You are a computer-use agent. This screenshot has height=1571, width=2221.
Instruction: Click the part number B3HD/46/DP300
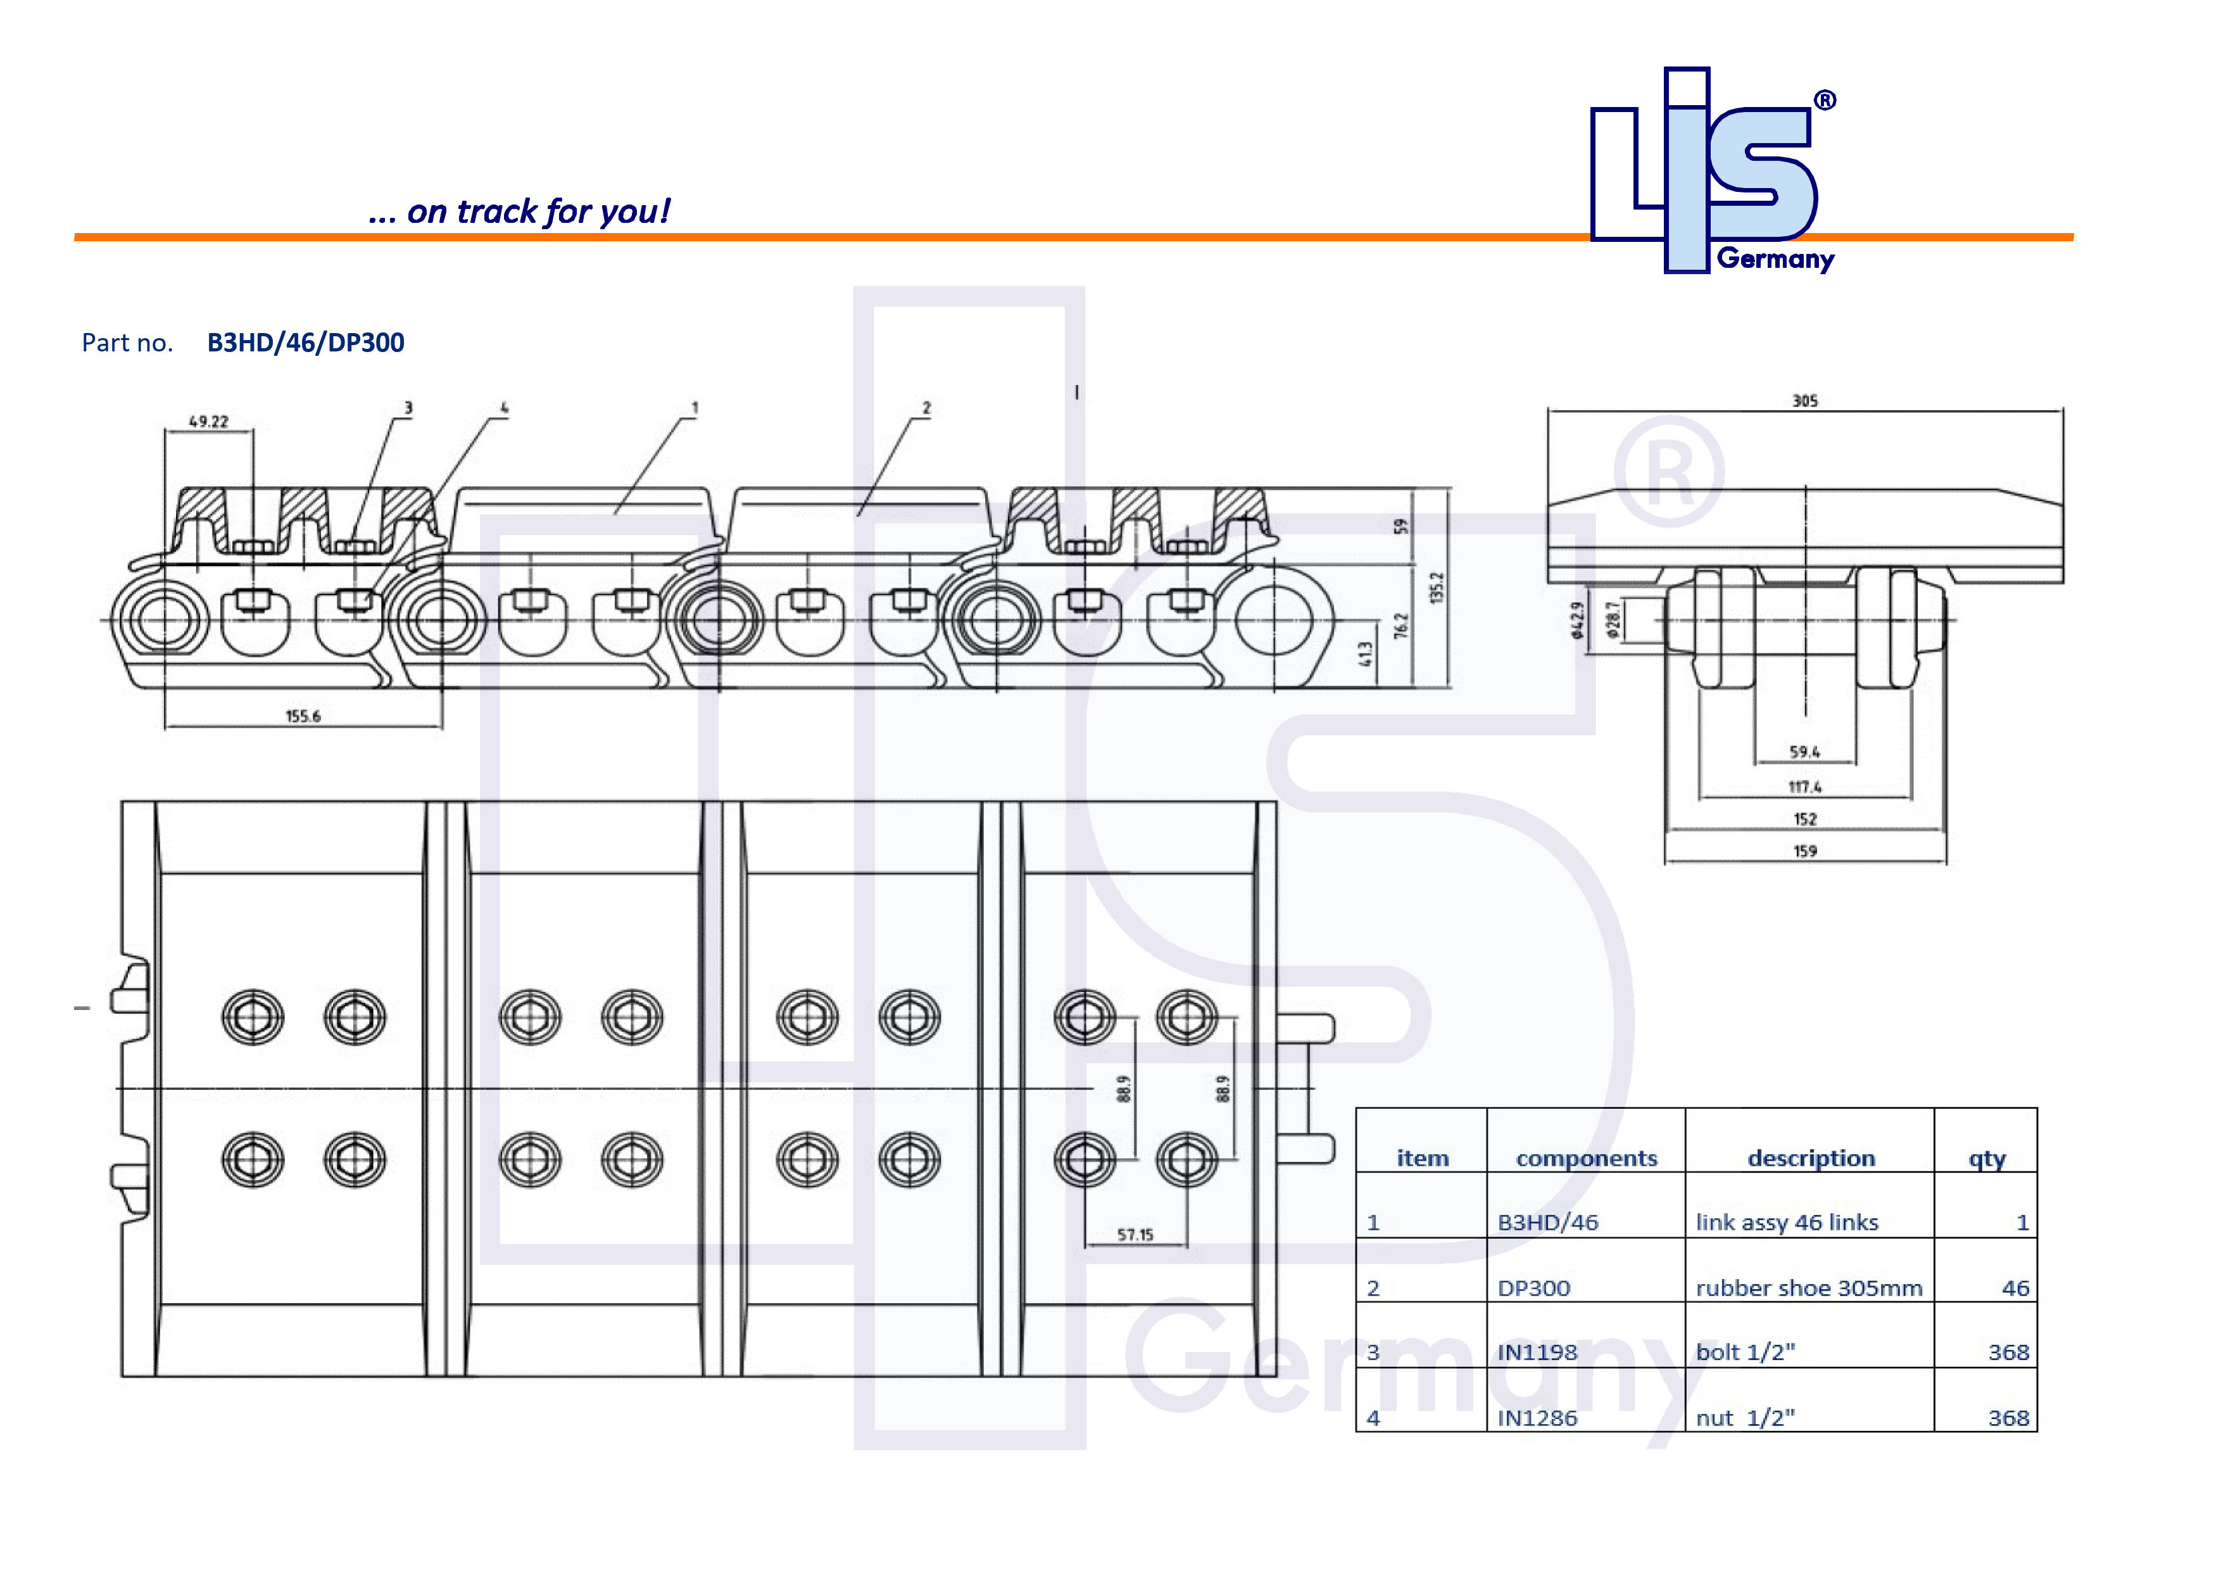click(x=306, y=343)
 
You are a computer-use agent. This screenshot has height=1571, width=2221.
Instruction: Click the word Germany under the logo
click(x=1775, y=259)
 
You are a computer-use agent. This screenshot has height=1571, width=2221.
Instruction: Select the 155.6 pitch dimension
click(x=303, y=716)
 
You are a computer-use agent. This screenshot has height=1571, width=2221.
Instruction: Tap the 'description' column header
click(x=1811, y=1158)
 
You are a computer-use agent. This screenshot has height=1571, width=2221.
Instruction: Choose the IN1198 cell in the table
click(x=1537, y=1353)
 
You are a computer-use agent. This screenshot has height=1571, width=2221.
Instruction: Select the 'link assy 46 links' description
click(x=1787, y=1223)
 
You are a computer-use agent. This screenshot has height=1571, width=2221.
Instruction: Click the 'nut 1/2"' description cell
click(x=1745, y=1418)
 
